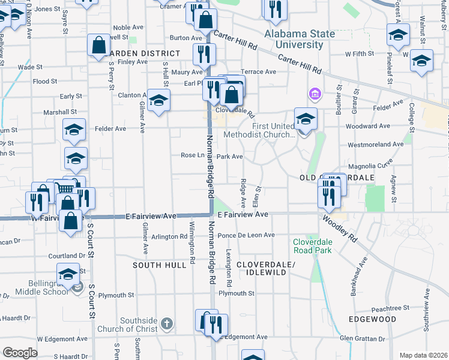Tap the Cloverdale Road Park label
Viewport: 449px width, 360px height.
[312, 246]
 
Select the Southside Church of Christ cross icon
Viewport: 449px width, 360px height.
[167, 324]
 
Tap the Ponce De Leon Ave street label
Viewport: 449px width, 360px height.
[246, 235]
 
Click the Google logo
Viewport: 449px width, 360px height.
[20, 352]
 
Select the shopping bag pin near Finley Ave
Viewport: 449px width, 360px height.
[98, 45]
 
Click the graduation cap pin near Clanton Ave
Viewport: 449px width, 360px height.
[158, 100]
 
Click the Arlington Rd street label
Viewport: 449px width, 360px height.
[169, 236]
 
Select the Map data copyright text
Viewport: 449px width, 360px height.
[423, 355]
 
